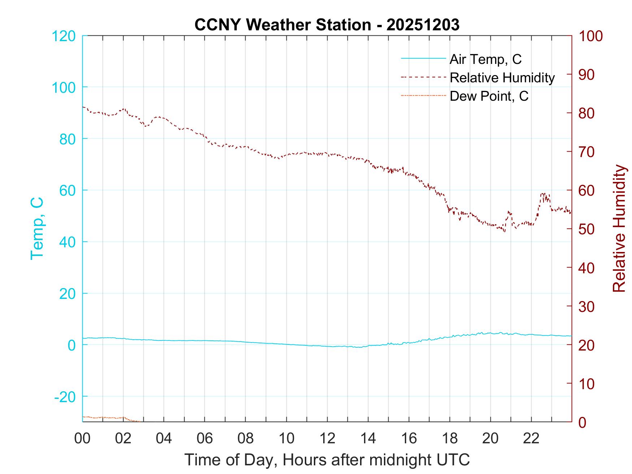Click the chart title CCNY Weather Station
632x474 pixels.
pos(327,25)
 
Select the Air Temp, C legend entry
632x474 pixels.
pos(485,59)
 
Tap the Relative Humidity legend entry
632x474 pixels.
pos(502,78)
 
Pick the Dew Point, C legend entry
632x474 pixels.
pos(489,96)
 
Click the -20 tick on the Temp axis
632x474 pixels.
pos(65,397)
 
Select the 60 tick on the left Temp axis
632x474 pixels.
pos(67,190)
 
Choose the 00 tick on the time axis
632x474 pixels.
pos(82,439)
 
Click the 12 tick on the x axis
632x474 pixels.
pos(327,439)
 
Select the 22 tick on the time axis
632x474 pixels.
pos(531,439)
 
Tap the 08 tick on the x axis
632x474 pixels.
pos(246,439)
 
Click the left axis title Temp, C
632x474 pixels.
pos(37,229)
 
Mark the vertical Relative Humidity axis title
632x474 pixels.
pos(619,229)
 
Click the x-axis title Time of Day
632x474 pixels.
pos(327,460)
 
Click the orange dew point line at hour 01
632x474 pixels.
pos(103,417)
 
